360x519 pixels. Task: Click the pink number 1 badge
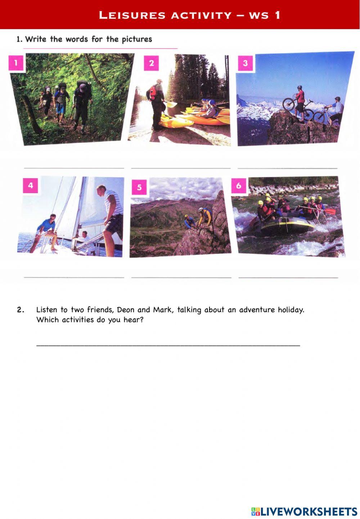tap(16, 63)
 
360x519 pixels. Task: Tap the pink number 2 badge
tap(151, 63)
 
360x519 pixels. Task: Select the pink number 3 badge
tap(245, 63)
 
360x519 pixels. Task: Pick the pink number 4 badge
tap(30, 186)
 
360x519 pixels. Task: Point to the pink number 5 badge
tap(139, 187)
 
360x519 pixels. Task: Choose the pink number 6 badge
tap(238, 186)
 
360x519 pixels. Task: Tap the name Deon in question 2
tap(126, 310)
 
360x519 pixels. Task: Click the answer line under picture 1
tap(74, 168)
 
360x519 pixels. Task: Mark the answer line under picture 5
tap(181, 277)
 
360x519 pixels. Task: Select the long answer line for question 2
tap(168, 346)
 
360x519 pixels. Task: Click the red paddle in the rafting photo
tap(330, 211)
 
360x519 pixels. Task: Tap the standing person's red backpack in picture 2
tap(153, 93)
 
